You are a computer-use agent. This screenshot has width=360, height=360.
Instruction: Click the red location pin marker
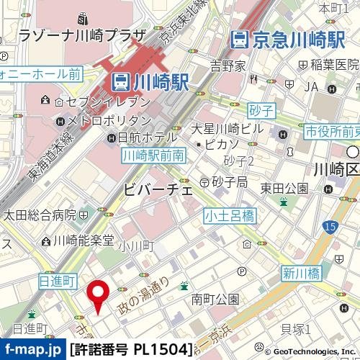(99, 295)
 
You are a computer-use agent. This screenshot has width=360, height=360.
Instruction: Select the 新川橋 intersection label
(300, 274)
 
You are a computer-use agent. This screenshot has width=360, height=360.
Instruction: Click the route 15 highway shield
(330, 228)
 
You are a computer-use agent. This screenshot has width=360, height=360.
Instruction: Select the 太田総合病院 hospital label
(39, 215)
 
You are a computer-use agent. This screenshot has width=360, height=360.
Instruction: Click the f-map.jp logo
(32, 350)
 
